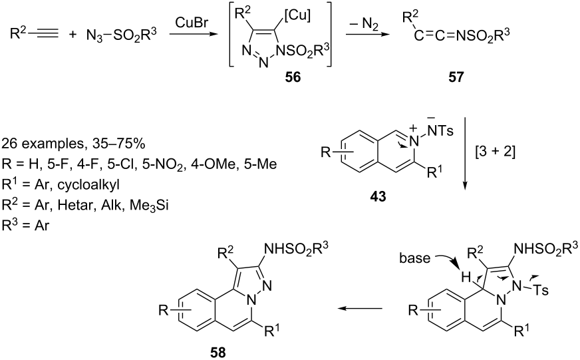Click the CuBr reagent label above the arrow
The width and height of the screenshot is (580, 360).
[192, 23]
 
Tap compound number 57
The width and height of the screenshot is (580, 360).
[456, 77]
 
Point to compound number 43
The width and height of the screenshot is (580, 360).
[378, 196]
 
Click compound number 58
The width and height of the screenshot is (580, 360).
[217, 352]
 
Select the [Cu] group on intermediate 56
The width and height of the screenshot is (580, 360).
[298, 15]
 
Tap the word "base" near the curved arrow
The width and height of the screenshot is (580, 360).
[414, 258]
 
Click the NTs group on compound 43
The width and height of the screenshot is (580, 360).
[440, 130]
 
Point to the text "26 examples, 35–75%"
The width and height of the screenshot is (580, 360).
[73, 144]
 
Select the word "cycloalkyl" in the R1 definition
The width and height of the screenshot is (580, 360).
[88, 184]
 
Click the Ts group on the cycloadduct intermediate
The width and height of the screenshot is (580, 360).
[541, 290]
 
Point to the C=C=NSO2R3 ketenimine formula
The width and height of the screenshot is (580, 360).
[462, 35]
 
